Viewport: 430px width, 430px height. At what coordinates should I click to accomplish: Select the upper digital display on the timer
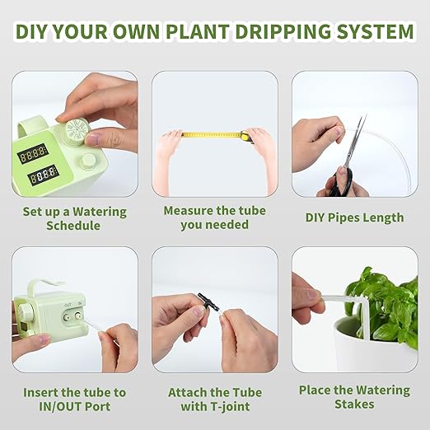click(33, 154)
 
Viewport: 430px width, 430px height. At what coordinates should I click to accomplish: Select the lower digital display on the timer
click(42, 175)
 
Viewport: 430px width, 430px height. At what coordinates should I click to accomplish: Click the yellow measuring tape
click(212, 133)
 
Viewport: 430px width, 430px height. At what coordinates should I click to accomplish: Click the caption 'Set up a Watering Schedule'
click(74, 218)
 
